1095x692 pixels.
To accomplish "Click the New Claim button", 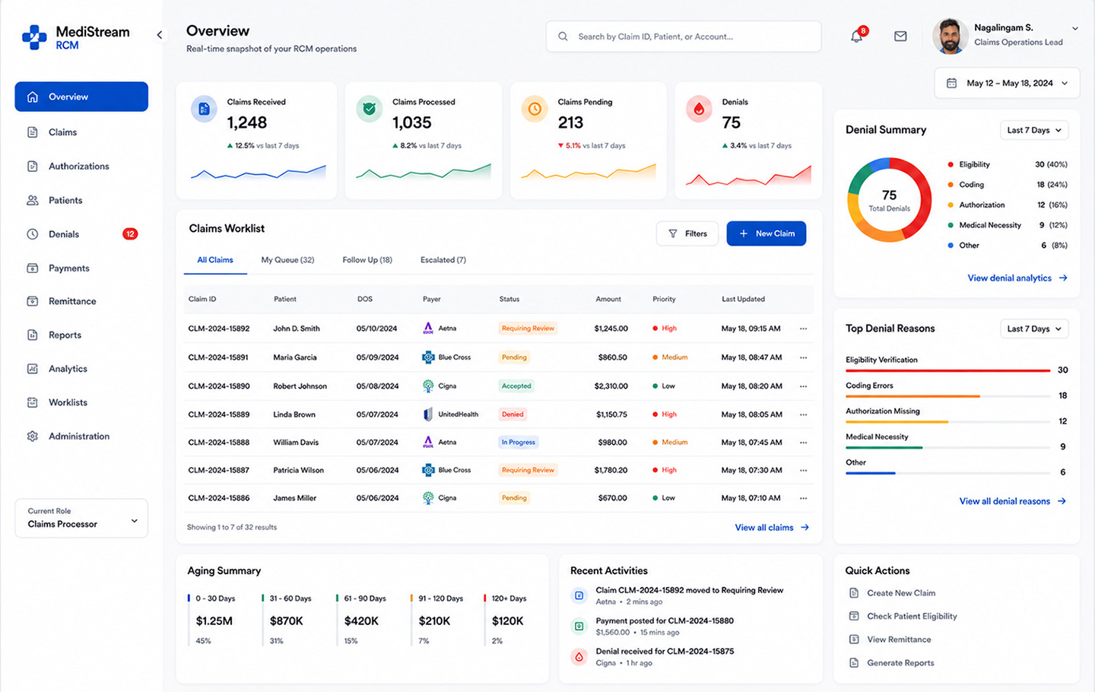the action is click(x=766, y=233).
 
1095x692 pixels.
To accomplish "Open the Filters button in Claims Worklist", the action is click(x=687, y=233).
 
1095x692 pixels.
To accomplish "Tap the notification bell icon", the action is click(x=856, y=37).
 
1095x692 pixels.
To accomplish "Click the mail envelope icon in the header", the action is click(x=900, y=37).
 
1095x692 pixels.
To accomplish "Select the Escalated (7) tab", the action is click(x=443, y=260).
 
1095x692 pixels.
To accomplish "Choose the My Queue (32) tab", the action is click(x=287, y=260).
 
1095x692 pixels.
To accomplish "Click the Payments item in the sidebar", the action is click(x=69, y=268).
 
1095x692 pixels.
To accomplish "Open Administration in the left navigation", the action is click(x=79, y=436).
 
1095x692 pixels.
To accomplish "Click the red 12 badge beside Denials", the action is click(x=130, y=234).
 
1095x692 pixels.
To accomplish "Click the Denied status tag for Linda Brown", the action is click(x=513, y=414).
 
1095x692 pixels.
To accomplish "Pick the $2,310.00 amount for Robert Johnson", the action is click(x=611, y=386).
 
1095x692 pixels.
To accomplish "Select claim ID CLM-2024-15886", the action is click(x=219, y=498).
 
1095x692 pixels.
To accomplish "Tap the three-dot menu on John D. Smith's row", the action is click(x=803, y=329).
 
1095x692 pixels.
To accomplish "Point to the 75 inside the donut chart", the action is click(x=889, y=195).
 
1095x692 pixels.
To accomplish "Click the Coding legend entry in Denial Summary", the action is click(x=971, y=185).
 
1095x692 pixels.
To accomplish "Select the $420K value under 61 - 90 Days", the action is click(x=361, y=621).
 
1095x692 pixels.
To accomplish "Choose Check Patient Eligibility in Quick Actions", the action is click(x=912, y=616).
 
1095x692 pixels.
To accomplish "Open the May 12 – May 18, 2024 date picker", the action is click(x=1007, y=83).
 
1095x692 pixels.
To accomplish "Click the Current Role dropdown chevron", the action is click(x=135, y=521).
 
